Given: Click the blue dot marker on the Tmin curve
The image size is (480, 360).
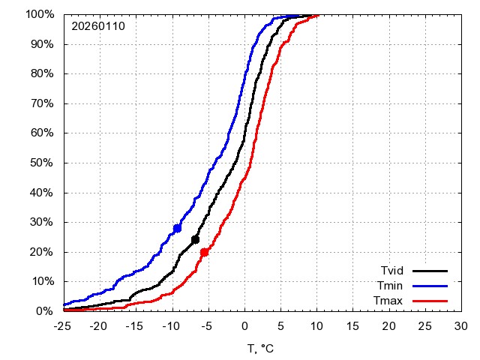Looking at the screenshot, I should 178,228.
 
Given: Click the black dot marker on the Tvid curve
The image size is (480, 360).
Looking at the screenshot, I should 196,240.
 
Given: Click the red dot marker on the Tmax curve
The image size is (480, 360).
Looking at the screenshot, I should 204,252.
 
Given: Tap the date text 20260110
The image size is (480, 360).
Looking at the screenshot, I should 98,26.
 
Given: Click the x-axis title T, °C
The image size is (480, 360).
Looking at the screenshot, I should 262,348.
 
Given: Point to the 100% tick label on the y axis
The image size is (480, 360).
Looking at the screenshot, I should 39,14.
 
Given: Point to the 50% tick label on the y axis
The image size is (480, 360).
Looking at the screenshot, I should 42,163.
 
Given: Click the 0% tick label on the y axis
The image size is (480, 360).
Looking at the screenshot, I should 45,310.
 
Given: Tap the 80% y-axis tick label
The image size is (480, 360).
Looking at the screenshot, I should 42,73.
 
